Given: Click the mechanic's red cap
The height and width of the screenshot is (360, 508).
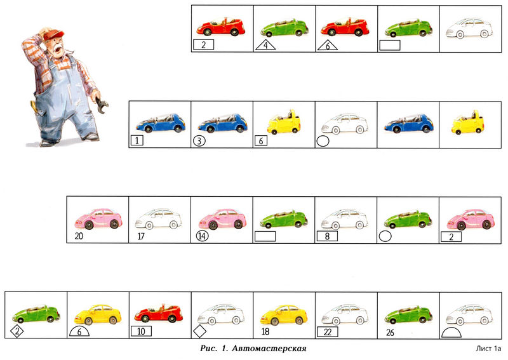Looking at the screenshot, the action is click(53, 34).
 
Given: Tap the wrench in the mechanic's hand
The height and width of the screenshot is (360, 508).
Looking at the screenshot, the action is click(102, 105).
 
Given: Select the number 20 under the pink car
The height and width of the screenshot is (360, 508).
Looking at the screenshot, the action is click(79, 236).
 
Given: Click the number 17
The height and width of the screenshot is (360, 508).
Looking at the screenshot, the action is click(141, 237).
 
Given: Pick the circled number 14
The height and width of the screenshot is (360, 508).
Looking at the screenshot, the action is click(202, 236).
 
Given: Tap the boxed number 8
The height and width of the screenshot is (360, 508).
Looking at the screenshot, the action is click(327, 236).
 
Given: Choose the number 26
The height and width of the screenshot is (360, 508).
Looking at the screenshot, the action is click(390, 333).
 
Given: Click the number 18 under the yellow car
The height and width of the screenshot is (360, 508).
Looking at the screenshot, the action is click(265, 332).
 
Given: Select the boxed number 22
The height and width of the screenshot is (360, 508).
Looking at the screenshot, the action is click(328, 332).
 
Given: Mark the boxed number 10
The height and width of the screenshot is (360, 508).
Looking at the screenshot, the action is click(141, 331).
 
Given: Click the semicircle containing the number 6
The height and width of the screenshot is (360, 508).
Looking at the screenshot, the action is click(79, 331).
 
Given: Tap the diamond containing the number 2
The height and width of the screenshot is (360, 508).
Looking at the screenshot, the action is click(17, 331).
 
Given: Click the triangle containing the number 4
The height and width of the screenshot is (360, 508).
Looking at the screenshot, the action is click(265, 45).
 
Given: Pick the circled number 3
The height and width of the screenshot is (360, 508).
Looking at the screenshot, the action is click(199, 141).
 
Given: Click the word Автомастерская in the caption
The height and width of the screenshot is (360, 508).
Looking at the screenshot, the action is click(269, 349).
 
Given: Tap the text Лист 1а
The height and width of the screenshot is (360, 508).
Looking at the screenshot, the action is click(488, 349).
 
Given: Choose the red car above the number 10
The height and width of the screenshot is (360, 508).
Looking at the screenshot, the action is click(158, 314).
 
